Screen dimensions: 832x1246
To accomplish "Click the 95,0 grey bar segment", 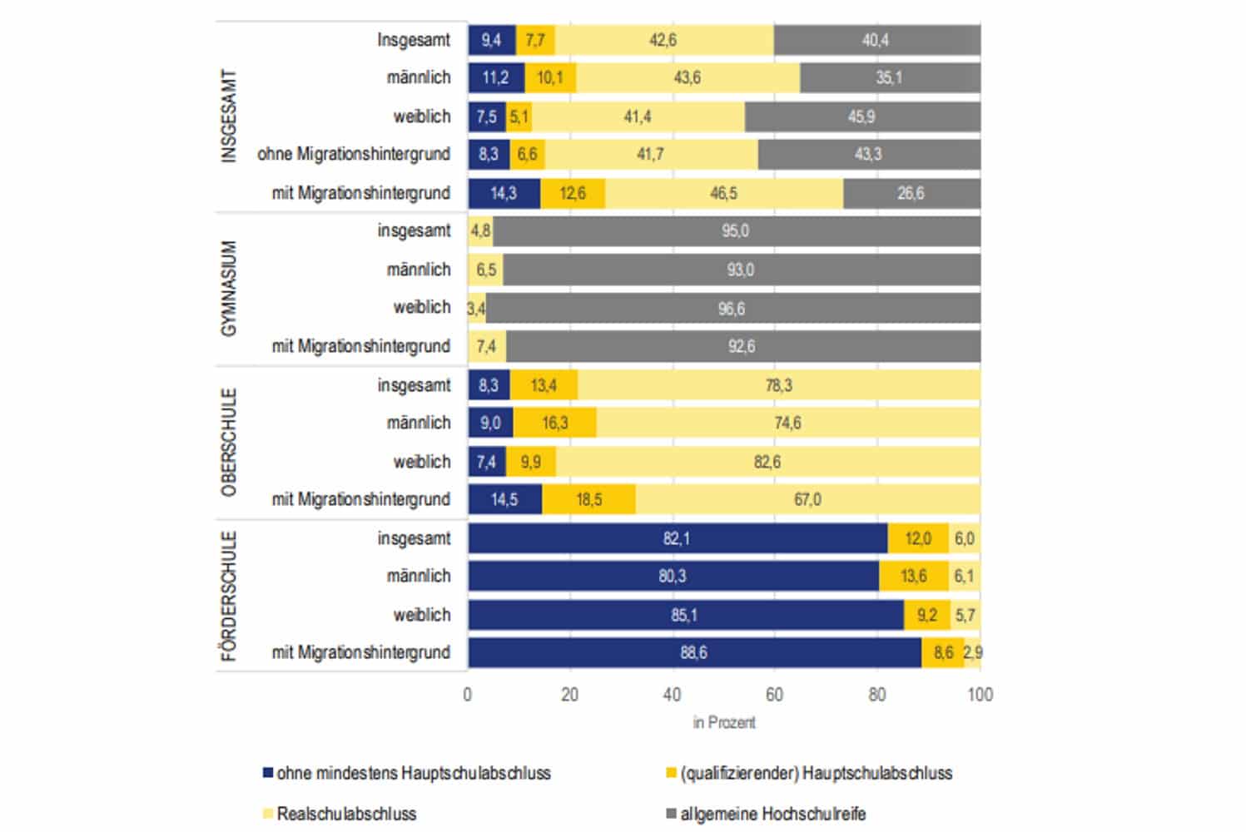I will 736,231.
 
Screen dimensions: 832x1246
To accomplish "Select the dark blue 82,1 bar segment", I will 677,538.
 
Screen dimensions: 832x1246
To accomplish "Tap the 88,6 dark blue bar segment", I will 693,653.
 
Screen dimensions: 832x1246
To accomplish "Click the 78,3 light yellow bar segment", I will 778,385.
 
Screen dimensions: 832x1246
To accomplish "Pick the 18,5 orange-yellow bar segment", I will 588,500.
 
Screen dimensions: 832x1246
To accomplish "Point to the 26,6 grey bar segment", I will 911,194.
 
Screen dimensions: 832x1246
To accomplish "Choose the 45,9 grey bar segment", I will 861,117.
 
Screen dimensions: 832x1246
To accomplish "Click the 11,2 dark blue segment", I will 495,78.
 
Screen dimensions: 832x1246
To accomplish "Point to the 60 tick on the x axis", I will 774,695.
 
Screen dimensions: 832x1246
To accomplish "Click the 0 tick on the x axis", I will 468,695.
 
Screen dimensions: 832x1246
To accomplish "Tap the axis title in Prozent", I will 724,723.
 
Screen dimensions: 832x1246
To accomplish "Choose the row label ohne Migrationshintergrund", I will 354,155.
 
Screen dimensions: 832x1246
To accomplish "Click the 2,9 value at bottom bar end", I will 973,653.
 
